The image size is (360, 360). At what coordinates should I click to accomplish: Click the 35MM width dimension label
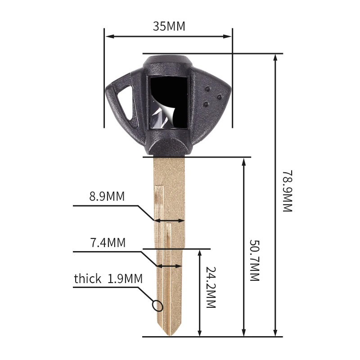(x=169, y=26)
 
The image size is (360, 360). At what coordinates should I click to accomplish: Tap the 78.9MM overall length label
(x=287, y=191)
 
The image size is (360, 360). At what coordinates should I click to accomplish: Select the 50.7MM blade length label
(x=254, y=261)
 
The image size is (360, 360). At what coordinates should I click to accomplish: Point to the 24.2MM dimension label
(x=211, y=287)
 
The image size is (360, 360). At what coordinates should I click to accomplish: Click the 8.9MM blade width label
(x=107, y=197)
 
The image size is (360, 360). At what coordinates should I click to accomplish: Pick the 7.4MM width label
(x=108, y=243)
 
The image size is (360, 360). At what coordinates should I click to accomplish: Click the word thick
(x=87, y=279)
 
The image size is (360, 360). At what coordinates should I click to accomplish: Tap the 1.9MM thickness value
(x=125, y=279)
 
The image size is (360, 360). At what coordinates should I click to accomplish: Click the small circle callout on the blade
(x=157, y=306)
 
